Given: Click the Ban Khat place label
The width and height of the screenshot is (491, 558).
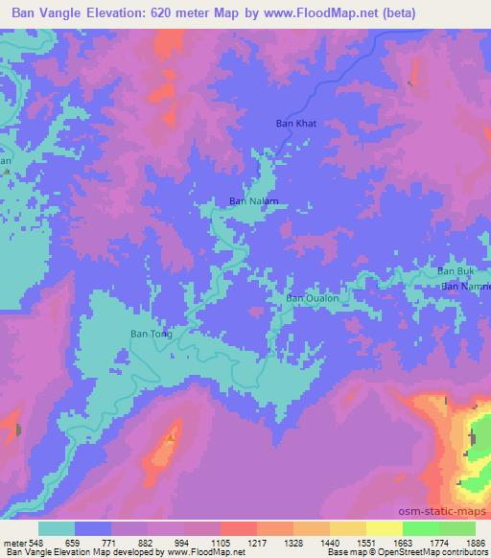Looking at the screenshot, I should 296,124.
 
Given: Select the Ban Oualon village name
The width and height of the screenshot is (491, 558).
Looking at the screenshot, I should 313,298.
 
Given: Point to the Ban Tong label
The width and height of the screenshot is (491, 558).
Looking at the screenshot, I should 151,334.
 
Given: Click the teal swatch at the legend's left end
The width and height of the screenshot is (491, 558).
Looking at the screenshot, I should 57,528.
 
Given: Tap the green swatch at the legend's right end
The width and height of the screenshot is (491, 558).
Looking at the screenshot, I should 456,528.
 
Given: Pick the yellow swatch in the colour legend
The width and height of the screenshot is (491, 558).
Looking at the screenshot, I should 385,528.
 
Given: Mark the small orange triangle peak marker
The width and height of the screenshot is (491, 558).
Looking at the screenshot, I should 171,438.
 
